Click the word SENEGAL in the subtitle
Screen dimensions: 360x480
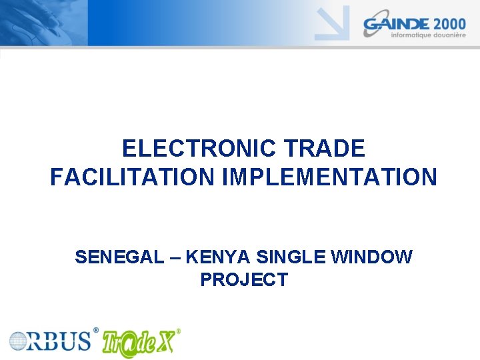coord(119,257)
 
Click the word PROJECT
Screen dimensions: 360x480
coord(243,280)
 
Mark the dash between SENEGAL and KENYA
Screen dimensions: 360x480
coord(175,257)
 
